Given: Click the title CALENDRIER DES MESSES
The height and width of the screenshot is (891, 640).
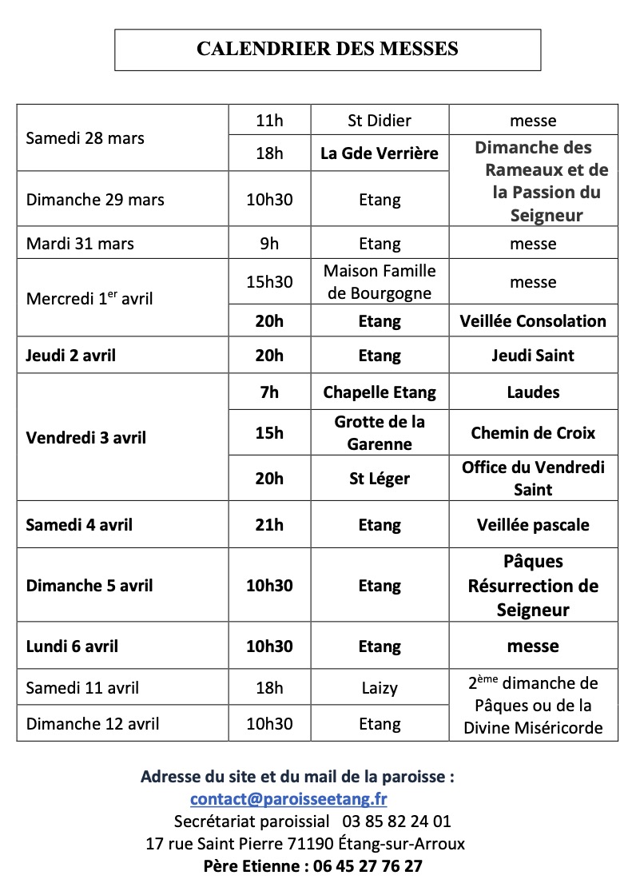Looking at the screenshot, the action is (328, 50).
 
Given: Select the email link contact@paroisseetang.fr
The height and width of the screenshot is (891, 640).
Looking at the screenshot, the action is (288, 799).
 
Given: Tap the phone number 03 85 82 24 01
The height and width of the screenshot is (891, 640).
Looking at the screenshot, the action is (397, 821).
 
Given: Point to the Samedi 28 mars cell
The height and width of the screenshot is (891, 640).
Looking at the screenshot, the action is (85, 138).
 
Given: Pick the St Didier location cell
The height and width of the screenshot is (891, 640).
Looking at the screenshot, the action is (380, 121).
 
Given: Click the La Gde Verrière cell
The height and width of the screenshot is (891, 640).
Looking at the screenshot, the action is (380, 153).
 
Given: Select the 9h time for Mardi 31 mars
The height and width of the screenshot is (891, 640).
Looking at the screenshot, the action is (269, 243).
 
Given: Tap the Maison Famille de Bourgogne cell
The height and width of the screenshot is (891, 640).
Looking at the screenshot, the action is (380, 282).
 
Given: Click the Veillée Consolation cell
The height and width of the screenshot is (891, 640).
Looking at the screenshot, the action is (533, 321).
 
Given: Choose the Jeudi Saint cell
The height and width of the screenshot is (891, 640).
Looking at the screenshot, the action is (533, 356).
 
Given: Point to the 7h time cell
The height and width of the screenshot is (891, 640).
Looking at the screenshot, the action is (269, 392).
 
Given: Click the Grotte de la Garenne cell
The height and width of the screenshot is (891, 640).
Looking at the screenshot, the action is (380, 432).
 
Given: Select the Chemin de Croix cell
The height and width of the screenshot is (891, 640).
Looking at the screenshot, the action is (533, 433).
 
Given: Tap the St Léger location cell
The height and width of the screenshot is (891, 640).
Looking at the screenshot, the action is (380, 479).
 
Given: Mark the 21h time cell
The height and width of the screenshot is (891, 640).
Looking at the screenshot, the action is (269, 525).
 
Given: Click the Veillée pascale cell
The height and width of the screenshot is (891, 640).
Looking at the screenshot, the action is (533, 525).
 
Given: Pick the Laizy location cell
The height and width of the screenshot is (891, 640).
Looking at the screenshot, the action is (380, 687).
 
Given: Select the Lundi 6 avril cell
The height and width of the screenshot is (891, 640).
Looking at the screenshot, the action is (72, 646).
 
